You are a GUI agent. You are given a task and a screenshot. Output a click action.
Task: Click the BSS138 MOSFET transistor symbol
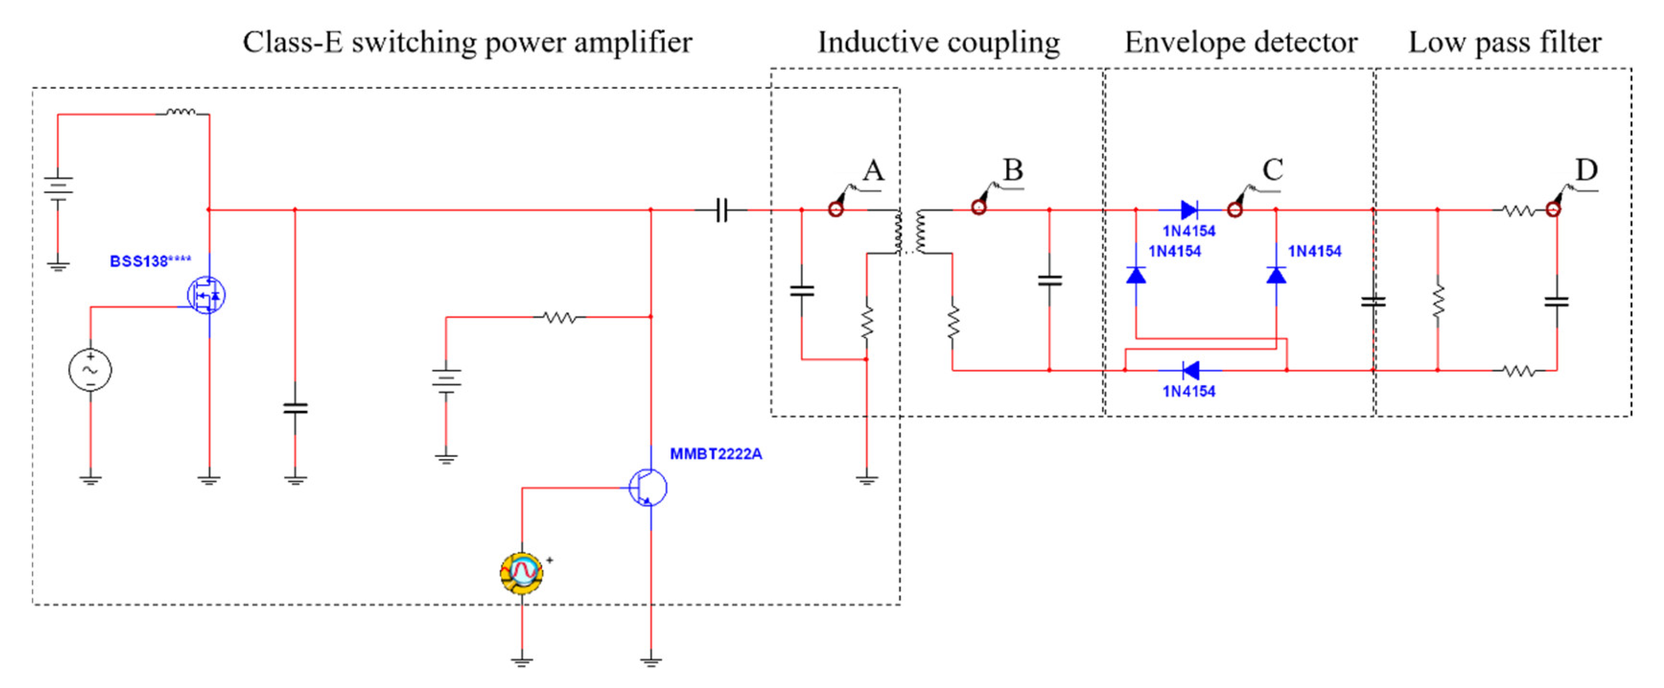[x=206, y=295]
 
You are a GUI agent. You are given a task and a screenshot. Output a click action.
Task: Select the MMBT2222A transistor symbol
[x=648, y=488]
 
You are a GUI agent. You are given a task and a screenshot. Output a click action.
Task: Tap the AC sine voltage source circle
[x=90, y=370]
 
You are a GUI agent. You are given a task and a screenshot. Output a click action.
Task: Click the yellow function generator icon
[x=522, y=572]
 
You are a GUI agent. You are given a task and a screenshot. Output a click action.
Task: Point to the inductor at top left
[x=182, y=113]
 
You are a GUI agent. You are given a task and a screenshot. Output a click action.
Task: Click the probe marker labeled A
[x=836, y=209]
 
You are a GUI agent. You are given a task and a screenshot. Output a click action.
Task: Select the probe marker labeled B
[x=979, y=207]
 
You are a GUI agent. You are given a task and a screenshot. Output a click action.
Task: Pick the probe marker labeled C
[x=1235, y=209]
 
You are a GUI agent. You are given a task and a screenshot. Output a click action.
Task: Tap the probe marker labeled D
[x=1553, y=209]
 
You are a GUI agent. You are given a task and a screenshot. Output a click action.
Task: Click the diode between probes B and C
[x=1189, y=209]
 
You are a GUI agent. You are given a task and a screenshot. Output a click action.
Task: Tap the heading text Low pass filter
[x=1504, y=43]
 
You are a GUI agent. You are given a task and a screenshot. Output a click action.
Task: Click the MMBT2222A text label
[x=715, y=454]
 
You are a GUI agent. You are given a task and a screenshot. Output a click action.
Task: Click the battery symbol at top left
[x=58, y=187]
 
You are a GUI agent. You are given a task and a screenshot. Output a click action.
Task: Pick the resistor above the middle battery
[x=559, y=317]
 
